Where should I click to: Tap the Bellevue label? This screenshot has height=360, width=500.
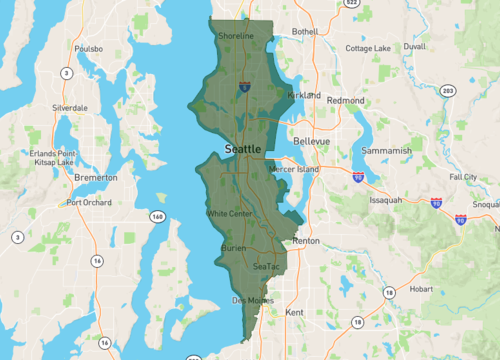311,142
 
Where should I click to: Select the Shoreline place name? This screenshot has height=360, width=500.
237,36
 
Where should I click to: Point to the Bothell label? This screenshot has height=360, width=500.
304,32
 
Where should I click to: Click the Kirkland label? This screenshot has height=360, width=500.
303,95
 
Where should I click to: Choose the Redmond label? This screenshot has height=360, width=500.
346,101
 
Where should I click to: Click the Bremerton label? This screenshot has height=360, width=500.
96,177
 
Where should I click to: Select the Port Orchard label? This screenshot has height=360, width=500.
88,202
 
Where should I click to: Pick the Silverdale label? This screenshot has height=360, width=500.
70,107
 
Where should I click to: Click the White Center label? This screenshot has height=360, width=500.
229,213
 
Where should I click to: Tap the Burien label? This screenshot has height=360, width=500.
233,246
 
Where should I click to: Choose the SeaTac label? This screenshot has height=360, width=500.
267,267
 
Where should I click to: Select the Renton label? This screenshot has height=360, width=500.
305,242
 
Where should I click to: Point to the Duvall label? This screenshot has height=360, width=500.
413,46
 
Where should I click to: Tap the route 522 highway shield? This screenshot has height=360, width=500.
350,4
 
